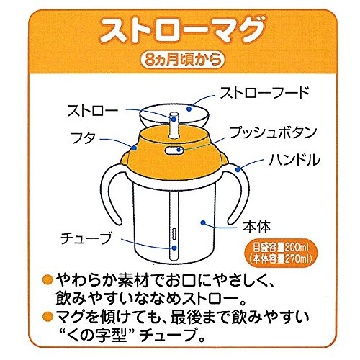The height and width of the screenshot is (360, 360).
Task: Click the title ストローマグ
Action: pyautogui.click(x=183, y=30)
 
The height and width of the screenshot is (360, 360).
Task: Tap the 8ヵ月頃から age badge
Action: pyautogui.click(x=182, y=59)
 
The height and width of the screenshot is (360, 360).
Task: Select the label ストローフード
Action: pyautogui.click(x=265, y=93)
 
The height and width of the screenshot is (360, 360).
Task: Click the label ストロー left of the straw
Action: pyautogui.click(x=93, y=110)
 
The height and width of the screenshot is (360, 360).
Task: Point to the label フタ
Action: pyautogui.click(x=83, y=138)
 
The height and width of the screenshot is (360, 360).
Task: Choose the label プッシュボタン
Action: pyautogui.click(x=273, y=132)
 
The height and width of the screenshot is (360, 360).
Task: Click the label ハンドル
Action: pyautogui.click(x=294, y=160)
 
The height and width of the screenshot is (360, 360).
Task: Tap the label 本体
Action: pyautogui.click(x=256, y=226)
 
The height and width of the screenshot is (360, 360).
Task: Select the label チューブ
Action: pyautogui.click(x=86, y=238)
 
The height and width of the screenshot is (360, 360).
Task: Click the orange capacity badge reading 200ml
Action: pyautogui.click(x=281, y=253)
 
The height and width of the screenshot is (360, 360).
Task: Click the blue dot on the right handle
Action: pyautogui.click(x=238, y=170)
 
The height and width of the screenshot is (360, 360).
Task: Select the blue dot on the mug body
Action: pyautogui.click(x=203, y=222)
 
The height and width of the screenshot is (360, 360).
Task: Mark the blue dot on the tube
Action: pyautogui.click(x=174, y=248)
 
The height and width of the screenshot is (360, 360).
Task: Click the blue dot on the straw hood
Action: pyautogui.click(x=189, y=109)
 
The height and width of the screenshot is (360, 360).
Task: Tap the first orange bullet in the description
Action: pyautogui.click(x=48, y=279)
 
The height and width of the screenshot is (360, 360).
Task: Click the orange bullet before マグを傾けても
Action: pyautogui.click(x=48, y=316)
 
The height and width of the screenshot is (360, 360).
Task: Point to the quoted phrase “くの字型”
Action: pyautogui.click(x=96, y=334)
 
